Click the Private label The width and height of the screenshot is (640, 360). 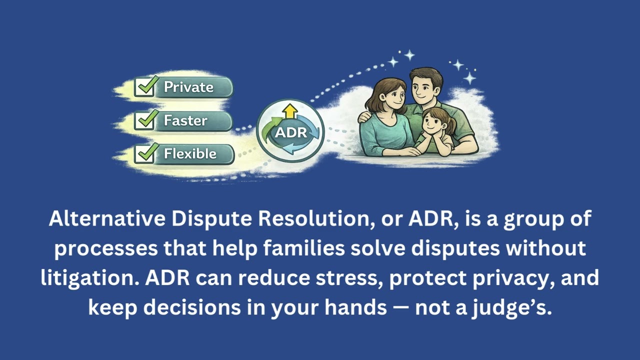click(x=188, y=87)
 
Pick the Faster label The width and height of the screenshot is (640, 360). click(x=185, y=120)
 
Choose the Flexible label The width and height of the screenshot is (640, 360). click(x=190, y=153)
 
